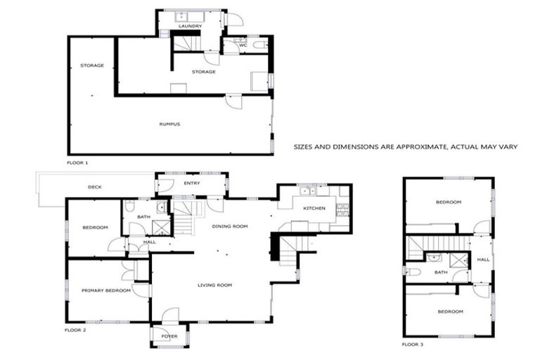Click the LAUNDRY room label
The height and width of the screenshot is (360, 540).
pyautogui.click(x=190, y=26)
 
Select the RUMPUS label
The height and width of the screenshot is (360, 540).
pyautogui.click(x=169, y=124)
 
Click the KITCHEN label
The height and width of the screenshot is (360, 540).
pyautogui.click(x=314, y=209)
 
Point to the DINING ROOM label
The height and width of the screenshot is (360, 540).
pyautogui.click(x=231, y=226)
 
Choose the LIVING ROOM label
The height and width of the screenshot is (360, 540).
pyautogui.click(x=214, y=285)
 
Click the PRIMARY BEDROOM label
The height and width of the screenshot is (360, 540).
pyautogui.click(x=105, y=290)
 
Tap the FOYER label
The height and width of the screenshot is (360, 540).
pyautogui.click(x=169, y=336)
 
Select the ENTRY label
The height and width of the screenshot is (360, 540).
pyautogui.click(x=192, y=184)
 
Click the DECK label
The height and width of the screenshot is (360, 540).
pyautogui.click(x=94, y=187)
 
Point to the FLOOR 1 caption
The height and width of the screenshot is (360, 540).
pyautogui.click(x=77, y=162)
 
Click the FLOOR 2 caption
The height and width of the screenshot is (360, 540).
pyautogui.click(x=75, y=329)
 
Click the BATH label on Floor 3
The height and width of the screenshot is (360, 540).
pyautogui.click(x=441, y=272)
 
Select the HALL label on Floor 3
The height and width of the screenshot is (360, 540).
pyautogui.click(x=483, y=259)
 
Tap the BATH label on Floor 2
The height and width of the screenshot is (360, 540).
pyautogui.click(x=143, y=217)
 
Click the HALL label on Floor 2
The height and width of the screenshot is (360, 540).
pyautogui.click(x=149, y=242)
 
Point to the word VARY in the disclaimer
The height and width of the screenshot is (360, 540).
pyautogui.click(x=508, y=147)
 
